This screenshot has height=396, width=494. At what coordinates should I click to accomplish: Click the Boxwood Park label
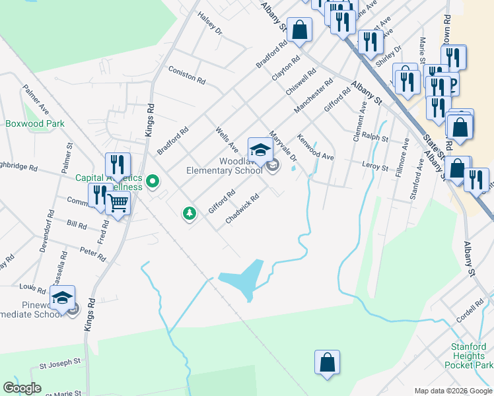35,123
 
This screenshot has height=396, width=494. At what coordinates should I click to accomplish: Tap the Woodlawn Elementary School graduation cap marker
260,149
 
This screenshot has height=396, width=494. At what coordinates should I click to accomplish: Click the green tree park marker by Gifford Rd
190,213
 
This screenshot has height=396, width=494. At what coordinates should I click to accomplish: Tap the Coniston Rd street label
186,73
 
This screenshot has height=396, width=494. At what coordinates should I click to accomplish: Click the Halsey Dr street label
209,23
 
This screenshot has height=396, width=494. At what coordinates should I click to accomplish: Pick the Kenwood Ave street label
315,148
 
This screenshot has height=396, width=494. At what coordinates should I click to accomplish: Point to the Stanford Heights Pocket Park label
468,356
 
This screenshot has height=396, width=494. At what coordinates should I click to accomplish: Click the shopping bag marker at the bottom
327,362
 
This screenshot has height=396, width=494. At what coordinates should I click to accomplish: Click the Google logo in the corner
21,388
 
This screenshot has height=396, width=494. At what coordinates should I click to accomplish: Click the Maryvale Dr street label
285,148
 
